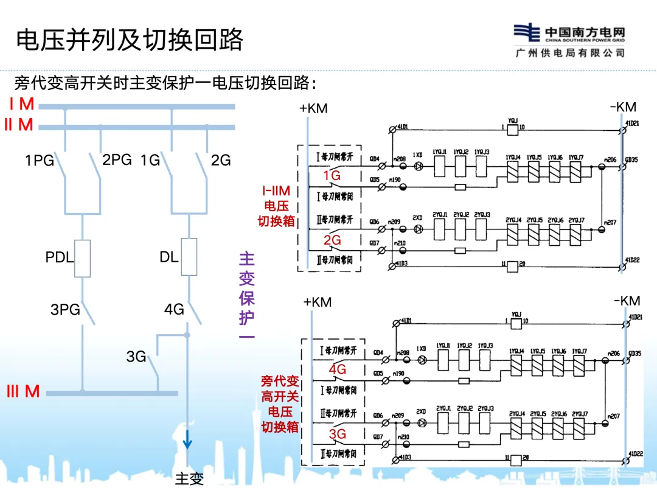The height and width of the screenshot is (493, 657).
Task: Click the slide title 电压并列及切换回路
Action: [x=129, y=40]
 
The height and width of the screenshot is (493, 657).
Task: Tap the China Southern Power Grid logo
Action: [x=569, y=41]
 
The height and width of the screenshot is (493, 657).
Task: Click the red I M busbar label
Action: [x=22, y=103]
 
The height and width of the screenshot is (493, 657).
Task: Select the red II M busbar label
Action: [x=19, y=125]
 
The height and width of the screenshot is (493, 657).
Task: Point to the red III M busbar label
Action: [x=23, y=391]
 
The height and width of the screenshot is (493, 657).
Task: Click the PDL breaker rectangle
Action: [x=82, y=257]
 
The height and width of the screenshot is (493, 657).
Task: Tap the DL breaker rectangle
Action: [x=189, y=256]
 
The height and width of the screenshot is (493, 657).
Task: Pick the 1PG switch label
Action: [x=40, y=161]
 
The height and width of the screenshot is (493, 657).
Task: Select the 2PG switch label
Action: [x=117, y=159]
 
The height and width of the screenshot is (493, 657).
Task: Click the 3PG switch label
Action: [x=65, y=309]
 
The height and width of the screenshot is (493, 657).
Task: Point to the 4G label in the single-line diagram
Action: [x=174, y=309]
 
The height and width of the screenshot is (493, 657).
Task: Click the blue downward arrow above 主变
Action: [x=188, y=438]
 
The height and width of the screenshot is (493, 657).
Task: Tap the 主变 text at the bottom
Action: [x=189, y=479]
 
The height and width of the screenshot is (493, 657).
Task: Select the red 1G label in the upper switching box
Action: [x=332, y=176]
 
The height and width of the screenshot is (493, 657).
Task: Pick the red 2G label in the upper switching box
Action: [x=332, y=240]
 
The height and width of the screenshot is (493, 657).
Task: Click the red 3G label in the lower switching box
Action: [x=338, y=434]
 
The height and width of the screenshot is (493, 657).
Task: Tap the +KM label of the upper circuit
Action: [x=313, y=108]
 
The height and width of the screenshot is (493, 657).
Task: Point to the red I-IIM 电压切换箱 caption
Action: [x=276, y=206]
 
